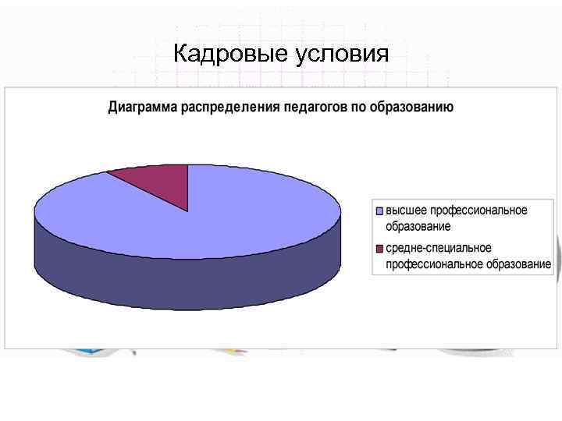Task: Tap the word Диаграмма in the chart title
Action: click(143, 107)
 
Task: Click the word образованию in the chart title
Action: click(413, 107)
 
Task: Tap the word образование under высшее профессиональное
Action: click(418, 226)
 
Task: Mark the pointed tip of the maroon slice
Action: click(188, 211)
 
